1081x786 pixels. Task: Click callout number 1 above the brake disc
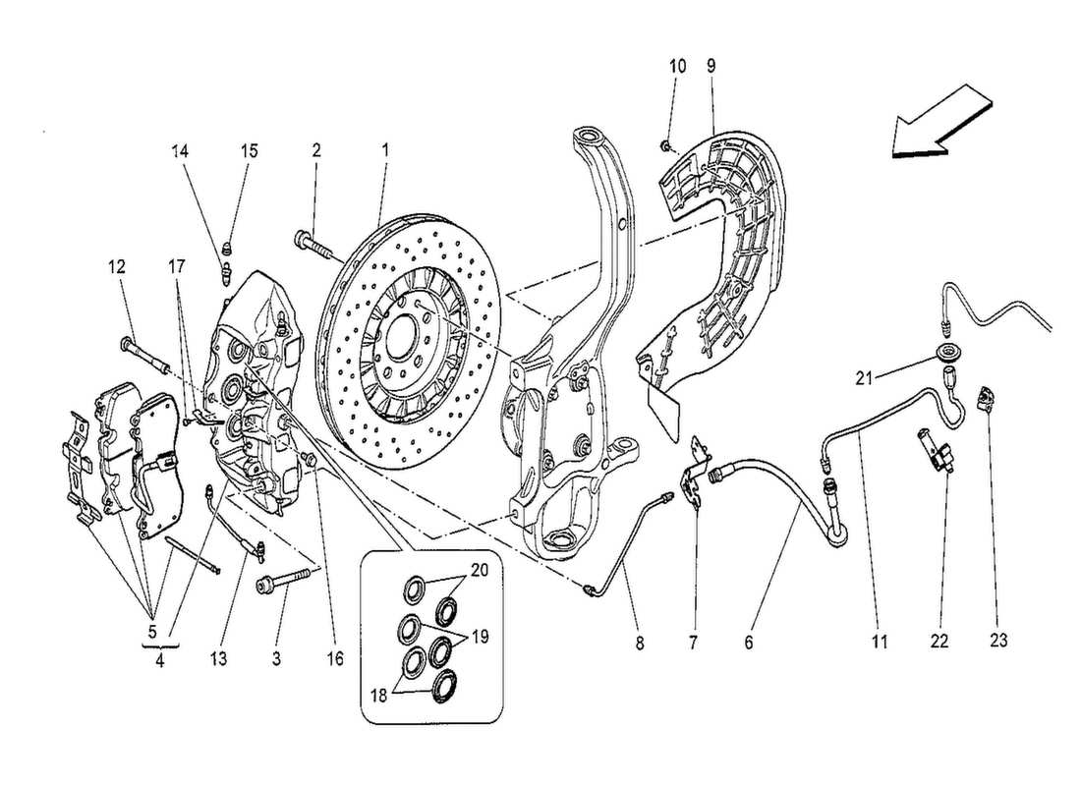coord(385,150)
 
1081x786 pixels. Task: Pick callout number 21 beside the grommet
coord(862,375)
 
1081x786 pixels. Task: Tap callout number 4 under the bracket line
coord(160,661)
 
